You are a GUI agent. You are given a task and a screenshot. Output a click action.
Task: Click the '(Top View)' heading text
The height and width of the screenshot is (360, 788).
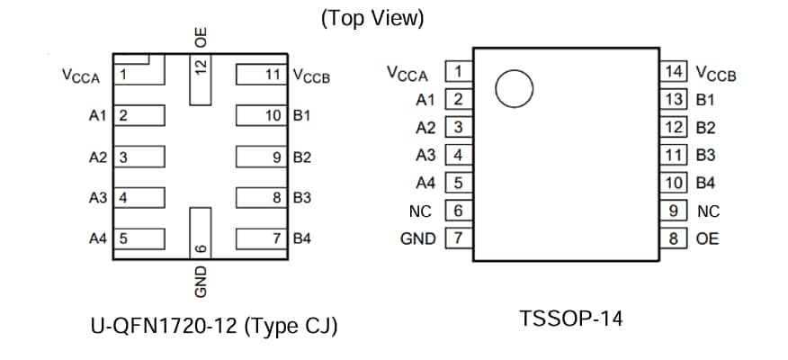[x=372, y=19]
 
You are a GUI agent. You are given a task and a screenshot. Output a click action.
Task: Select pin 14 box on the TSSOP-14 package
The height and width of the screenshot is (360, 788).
[x=670, y=71]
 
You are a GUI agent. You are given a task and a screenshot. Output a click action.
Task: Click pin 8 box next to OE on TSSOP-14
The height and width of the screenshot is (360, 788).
[x=670, y=238]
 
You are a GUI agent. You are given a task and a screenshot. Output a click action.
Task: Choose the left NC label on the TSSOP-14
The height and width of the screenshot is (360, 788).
[x=420, y=211]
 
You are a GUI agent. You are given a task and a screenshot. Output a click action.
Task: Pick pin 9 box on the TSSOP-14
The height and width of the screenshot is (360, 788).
[x=670, y=211]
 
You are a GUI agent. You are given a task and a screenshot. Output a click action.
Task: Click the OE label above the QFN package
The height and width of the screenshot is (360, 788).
[x=201, y=37]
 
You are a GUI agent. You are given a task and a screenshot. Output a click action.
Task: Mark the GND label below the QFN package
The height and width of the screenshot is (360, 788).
[x=201, y=281]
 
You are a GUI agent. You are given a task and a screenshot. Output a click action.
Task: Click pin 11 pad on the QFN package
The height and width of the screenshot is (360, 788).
[x=262, y=74]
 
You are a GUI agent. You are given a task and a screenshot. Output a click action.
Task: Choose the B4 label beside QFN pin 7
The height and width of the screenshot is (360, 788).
[x=302, y=238]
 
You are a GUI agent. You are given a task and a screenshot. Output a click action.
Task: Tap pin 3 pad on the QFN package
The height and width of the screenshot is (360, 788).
[x=140, y=157]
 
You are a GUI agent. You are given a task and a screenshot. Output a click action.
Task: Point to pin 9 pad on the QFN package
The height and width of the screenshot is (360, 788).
[x=262, y=157]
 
